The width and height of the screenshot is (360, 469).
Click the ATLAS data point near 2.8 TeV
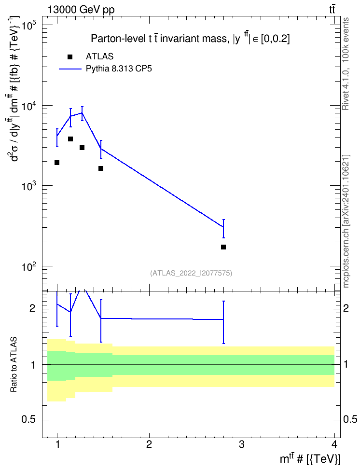coord(223,247)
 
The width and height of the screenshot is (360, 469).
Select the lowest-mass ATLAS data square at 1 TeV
coord(57,163)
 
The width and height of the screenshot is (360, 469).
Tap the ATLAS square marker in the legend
coord(70,57)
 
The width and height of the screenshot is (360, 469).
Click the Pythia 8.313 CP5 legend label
coord(119,69)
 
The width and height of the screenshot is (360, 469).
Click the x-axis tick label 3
coord(241,444)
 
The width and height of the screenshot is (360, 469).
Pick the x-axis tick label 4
coord(334,444)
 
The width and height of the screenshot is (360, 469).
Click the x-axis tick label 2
coord(149,444)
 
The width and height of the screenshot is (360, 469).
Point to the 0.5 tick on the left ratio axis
coord(28,420)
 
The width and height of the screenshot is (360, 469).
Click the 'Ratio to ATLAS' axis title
coord(14,364)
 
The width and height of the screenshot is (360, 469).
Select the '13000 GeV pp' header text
coord(81,10)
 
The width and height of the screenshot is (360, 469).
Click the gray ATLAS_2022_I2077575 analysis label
coord(191,273)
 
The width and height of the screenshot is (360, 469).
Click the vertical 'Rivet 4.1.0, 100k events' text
coord(346,64)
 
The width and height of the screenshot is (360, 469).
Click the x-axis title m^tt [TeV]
coord(310,458)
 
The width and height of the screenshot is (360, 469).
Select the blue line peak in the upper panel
coord(82,113)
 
